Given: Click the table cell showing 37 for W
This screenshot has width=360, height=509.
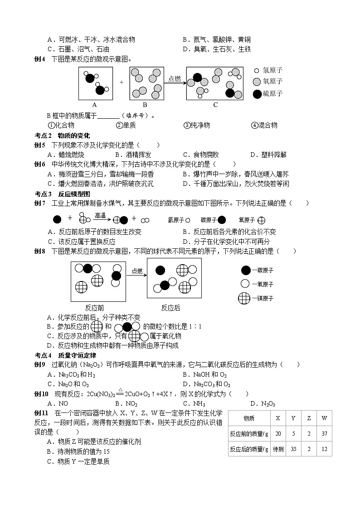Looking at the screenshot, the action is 323,434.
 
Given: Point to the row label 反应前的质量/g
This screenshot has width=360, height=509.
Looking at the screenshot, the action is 249,434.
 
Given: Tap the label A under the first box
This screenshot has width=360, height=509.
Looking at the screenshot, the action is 95,105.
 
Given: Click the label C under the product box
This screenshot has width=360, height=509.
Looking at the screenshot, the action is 215,105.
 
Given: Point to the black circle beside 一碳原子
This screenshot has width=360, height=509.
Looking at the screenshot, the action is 245,271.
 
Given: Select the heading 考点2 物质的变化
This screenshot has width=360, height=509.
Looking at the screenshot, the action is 63,136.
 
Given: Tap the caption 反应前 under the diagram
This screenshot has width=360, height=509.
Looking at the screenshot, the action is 94,308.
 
